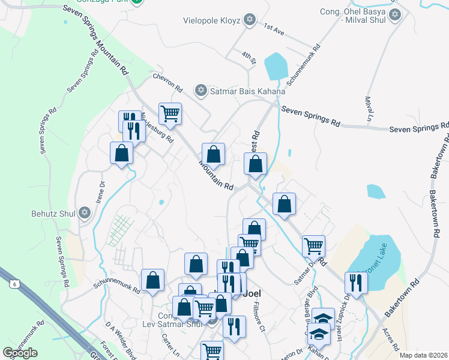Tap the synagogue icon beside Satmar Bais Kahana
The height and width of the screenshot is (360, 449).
click(201, 91)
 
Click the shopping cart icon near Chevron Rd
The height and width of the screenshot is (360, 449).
click(170, 112)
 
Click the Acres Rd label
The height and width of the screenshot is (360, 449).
click(390, 339)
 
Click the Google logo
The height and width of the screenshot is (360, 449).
click(20, 352)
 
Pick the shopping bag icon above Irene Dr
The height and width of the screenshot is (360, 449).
click(122, 153)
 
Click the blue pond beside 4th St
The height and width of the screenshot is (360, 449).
click(276, 67)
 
